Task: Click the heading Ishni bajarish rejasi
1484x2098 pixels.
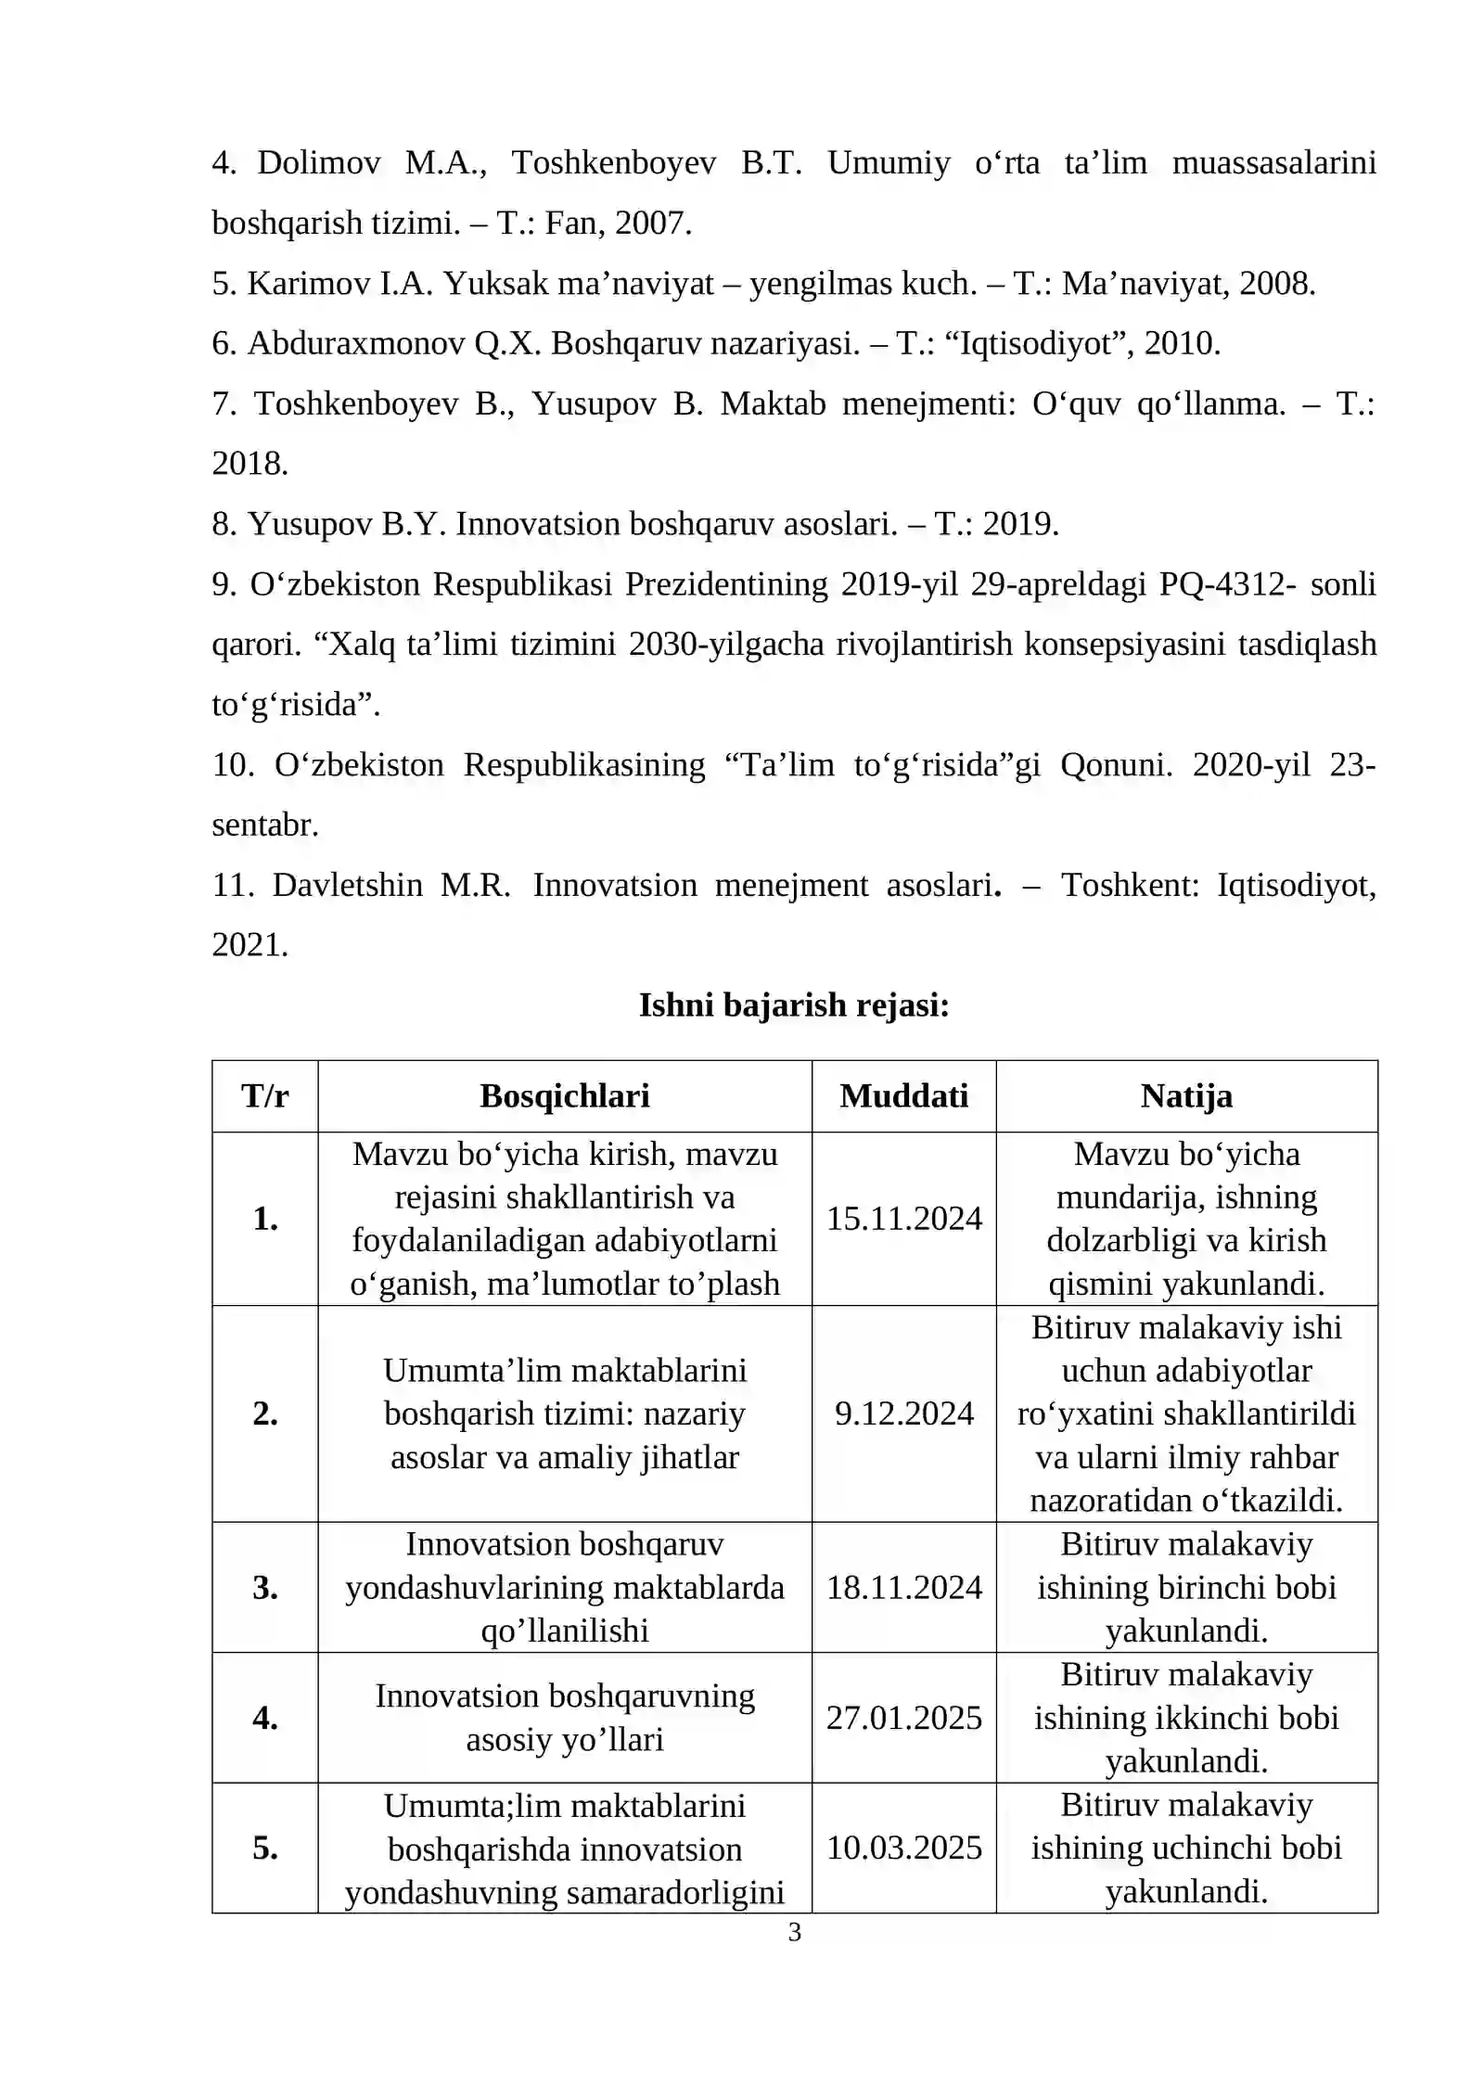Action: click(794, 1005)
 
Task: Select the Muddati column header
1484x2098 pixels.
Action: click(903, 1096)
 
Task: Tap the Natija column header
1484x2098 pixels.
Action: click(1186, 1096)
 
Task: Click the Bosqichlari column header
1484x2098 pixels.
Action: click(564, 1096)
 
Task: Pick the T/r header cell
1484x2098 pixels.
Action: click(265, 1096)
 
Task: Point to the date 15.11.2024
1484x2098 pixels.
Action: click(903, 1219)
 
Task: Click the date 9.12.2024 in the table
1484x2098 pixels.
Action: click(903, 1414)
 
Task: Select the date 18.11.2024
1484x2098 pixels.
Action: click(903, 1587)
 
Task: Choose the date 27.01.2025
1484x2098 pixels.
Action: click(903, 1718)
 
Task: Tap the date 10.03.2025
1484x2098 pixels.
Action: click(903, 1848)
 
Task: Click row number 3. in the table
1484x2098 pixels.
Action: click(265, 1587)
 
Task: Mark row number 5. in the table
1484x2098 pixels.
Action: click(265, 1848)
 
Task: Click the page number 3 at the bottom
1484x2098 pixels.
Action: click(794, 1933)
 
